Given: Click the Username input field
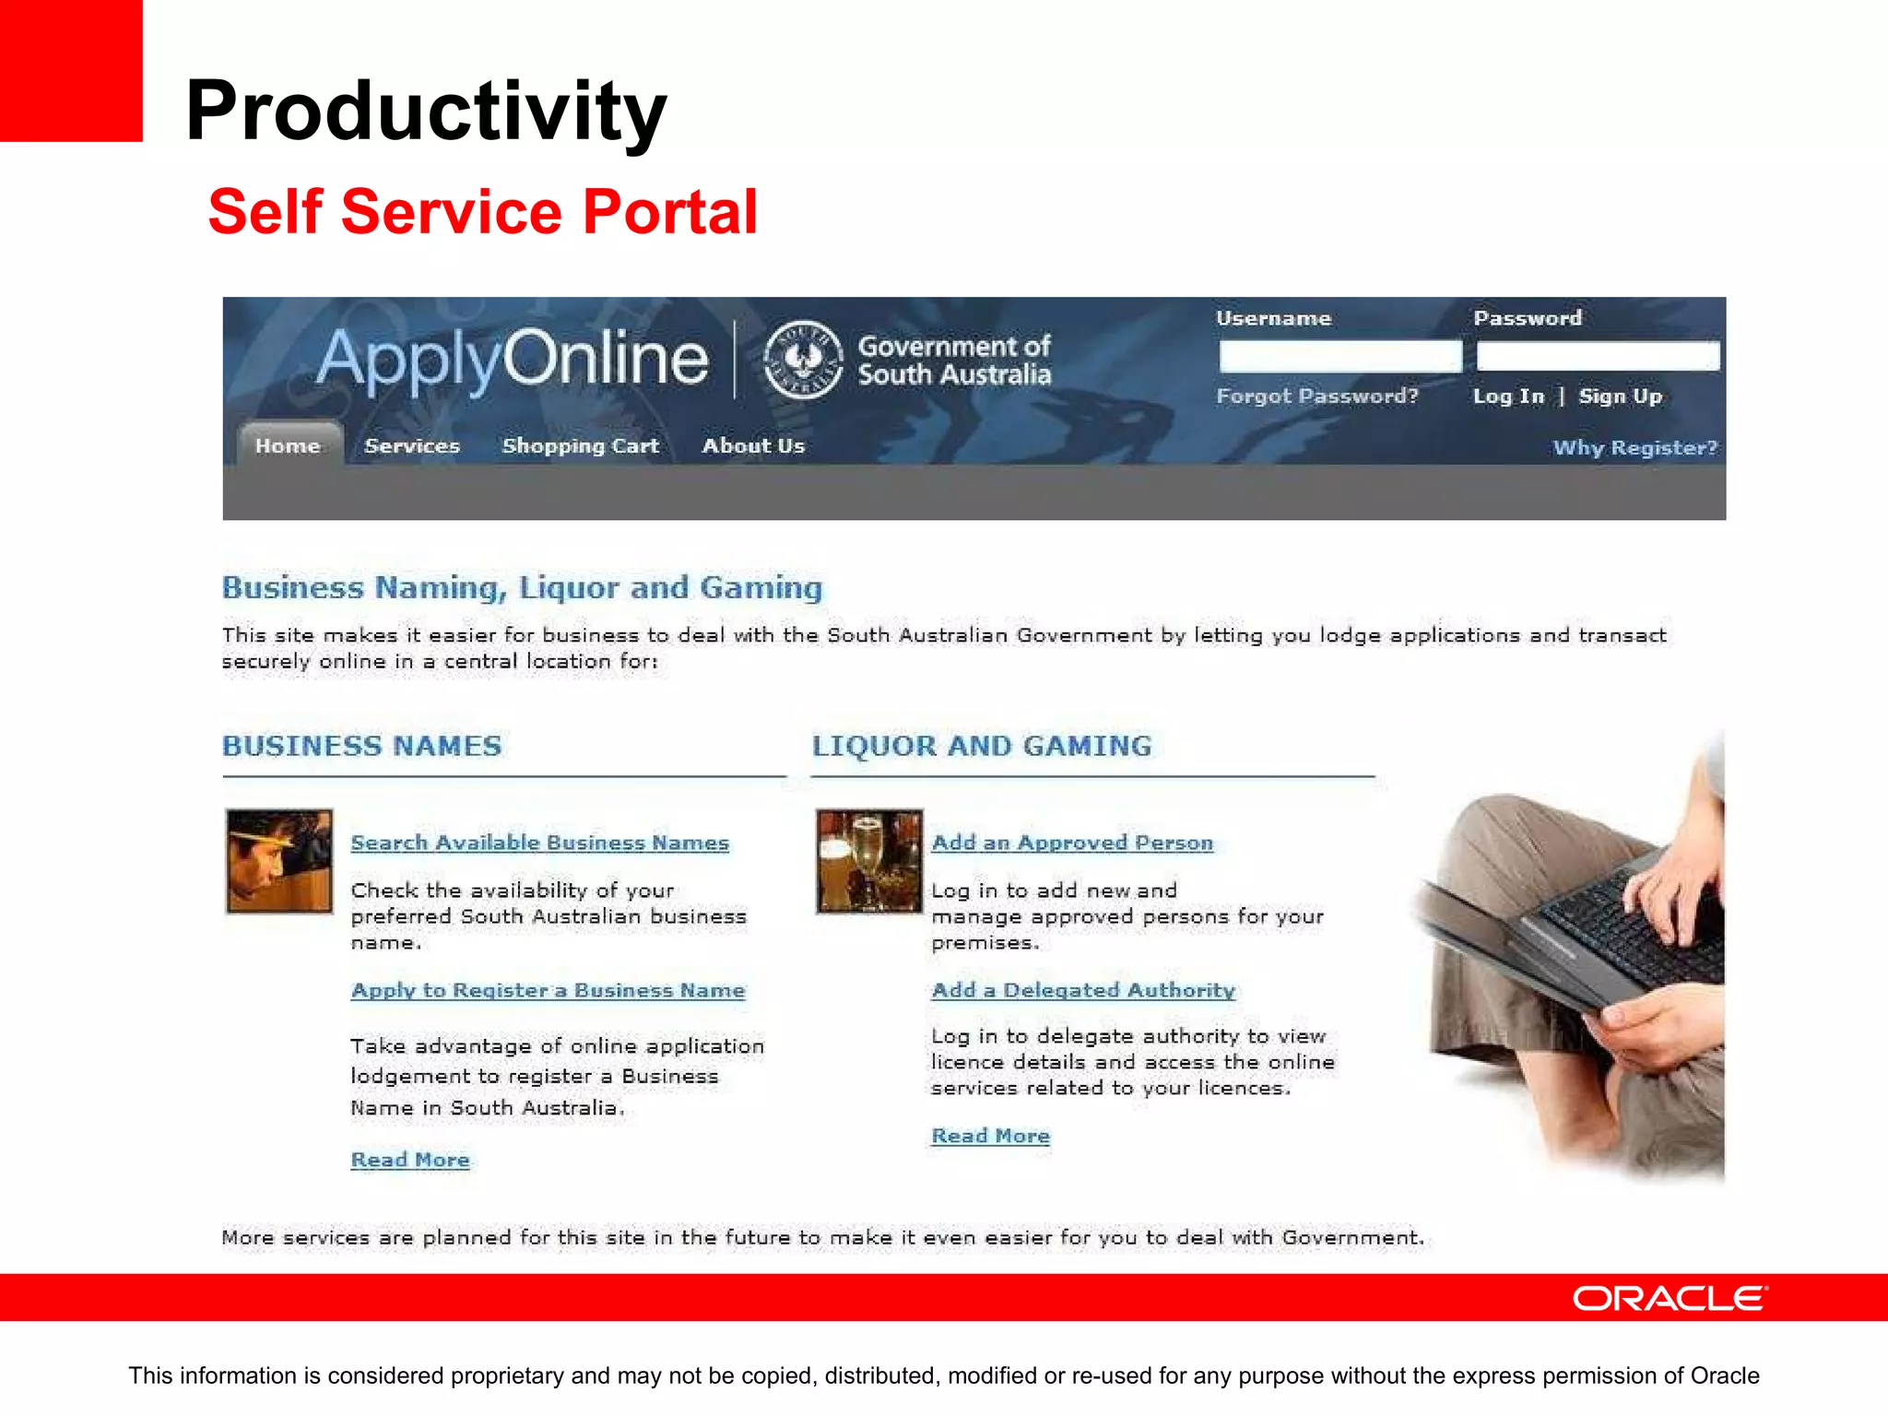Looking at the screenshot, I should (x=1339, y=356).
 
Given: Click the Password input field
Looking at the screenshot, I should (x=1598, y=356).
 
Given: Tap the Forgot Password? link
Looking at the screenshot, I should (x=1316, y=396).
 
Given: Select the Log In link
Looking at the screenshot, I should (x=1507, y=396).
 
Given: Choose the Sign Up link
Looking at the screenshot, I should (x=1620, y=396).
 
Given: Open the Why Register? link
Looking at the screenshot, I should (x=1634, y=448).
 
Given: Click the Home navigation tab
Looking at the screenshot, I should (x=288, y=446).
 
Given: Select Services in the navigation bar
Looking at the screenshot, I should (x=411, y=446).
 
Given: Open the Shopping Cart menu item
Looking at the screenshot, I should (x=580, y=446).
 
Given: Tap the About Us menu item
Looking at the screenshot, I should (x=753, y=446).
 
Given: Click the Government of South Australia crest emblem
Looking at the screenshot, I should (x=803, y=360).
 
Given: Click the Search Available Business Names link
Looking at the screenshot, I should (x=539, y=843).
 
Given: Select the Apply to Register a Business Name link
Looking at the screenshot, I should (x=548, y=990).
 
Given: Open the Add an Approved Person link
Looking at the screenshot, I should (x=1072, y=843).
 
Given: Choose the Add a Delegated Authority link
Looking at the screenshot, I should (x=1083, y=990).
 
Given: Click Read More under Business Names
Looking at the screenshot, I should (x=410, y=1160).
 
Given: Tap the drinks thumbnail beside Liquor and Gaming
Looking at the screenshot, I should (x=868, y=861).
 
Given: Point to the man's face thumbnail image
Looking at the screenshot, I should (x=279, y=861).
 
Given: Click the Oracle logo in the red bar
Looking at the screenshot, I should (x=1670, y=1298).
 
